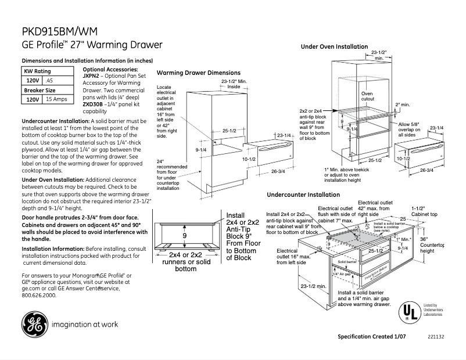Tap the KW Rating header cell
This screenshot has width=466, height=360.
(x=37, y=71)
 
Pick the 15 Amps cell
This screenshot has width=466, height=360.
(x=56, y=99)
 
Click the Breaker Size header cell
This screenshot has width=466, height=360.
(x=40, y=90)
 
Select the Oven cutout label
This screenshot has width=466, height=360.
(x=368, y=96)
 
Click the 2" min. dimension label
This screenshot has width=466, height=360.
(x=403, y=105)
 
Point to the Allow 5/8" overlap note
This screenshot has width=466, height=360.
(x=412, y=129)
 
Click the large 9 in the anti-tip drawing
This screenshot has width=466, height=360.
(x=184, y=236)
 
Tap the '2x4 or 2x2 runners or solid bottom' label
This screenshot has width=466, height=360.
(x=185, y=262)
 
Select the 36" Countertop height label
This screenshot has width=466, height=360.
(x=431, y=244)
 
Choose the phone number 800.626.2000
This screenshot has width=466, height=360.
(x=39, y=295)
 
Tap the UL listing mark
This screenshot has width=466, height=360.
(x=409, y=313)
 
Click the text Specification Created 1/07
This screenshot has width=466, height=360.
(x=372, y=337)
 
